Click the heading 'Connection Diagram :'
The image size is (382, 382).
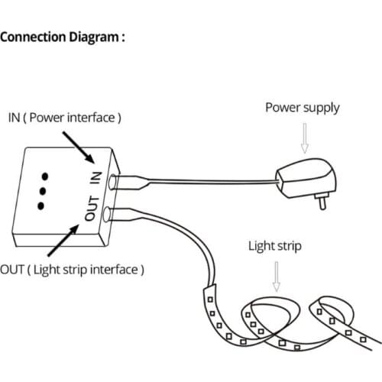[63, 36]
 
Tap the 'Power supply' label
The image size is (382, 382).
[301, 107]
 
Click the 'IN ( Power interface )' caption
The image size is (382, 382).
[65, 118]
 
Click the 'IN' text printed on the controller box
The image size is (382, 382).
[95, 178]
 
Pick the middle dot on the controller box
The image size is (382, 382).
[42, 189]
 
